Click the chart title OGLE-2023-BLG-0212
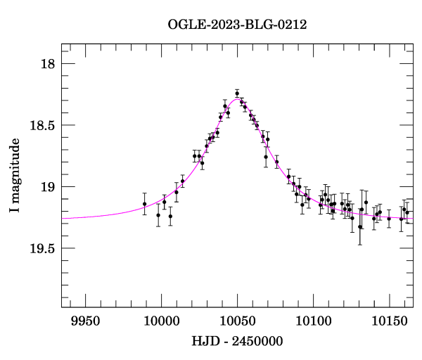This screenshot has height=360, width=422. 238,25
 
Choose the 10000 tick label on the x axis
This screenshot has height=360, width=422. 161,321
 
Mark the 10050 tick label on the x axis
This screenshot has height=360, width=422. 237,321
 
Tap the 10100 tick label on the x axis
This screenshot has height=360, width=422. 313,321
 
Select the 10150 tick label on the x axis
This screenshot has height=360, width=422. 389,321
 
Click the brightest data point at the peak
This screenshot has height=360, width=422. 237,93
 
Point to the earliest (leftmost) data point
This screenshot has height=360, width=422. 144,204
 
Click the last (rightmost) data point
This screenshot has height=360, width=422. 407,212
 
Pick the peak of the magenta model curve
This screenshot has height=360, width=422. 234,99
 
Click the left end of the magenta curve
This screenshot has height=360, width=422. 62,218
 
